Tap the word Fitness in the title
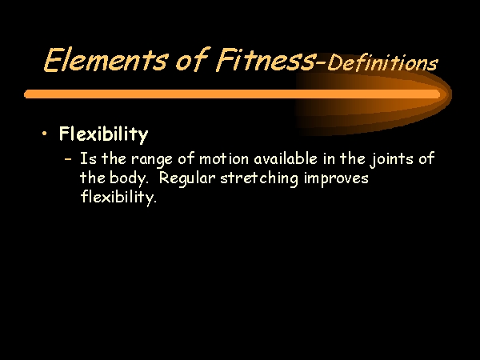tap(265, 59)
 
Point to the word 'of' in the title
tap(192, 59)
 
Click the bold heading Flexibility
tap(103, 134)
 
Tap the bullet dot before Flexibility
tap(45, 134)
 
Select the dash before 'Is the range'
tap(68, 159)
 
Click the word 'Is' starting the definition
tap(88, 158)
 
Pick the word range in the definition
tap(152, 160)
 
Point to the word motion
tap(224, 159)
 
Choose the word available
tap(286, 158)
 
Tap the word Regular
tap(187, 178)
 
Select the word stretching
tap(259, 178)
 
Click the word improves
tap(336, 178)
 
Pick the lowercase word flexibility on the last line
tap(118, 197)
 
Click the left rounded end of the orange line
tap(26, 94)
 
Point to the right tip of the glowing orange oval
tap(451, 94)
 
